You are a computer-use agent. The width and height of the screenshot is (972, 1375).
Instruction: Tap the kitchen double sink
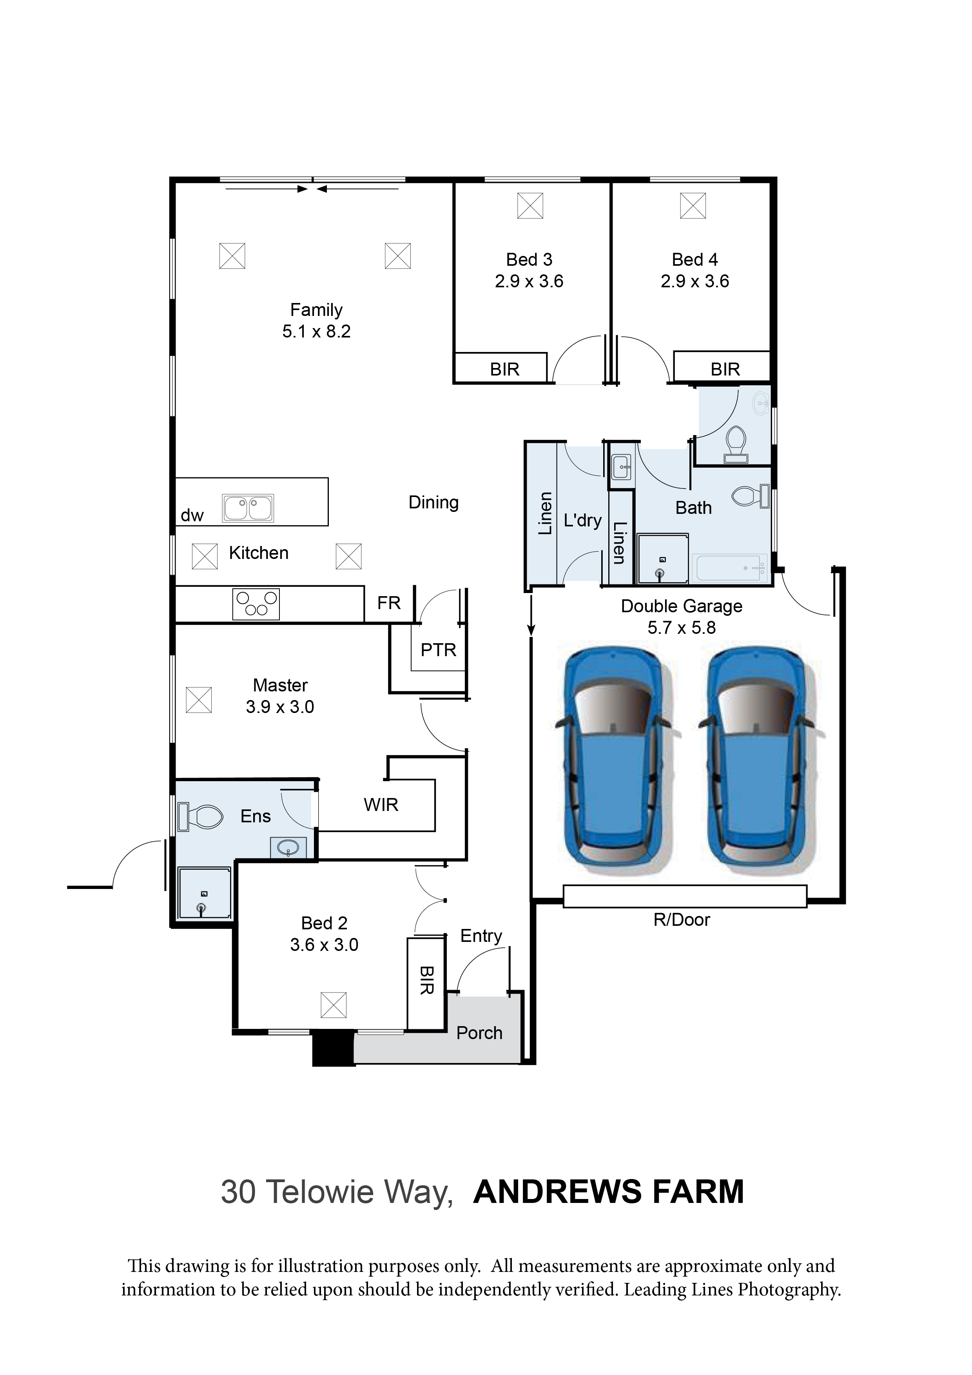pyautogui.click(x=248, y=508)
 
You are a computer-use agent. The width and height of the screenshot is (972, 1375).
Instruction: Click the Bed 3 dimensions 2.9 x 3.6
pyautogui.click(x=529, y=281)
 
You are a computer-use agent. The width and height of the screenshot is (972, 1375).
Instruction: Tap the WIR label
pyautogui.click(x=381, y=805)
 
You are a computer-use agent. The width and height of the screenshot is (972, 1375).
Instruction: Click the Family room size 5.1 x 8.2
pyautogui.click(x=316, y=331)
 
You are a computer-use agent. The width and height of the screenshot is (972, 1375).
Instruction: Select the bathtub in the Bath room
pyautogui.click(x=729, y=568)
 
